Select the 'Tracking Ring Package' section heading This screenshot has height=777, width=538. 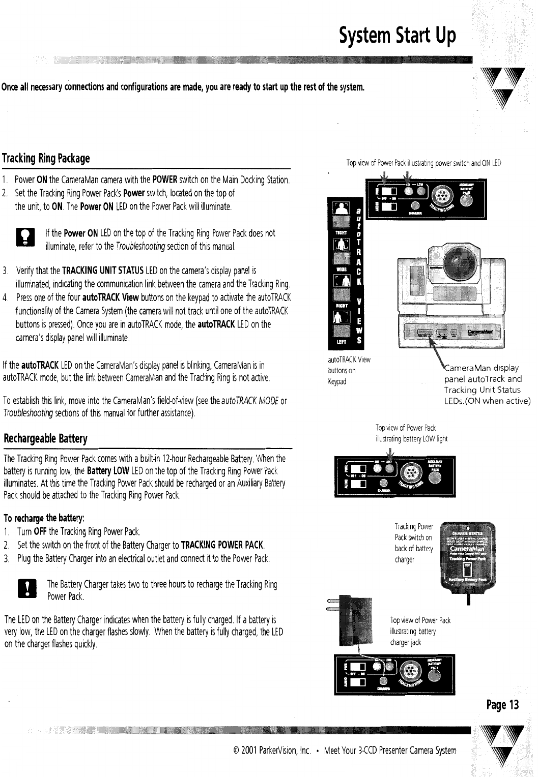[46, 158]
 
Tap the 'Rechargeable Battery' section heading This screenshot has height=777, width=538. [46, 438]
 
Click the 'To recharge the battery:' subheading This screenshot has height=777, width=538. [44, 519]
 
